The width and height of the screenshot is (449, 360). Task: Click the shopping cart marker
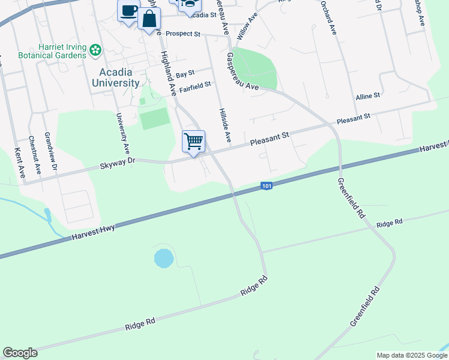[194, 142]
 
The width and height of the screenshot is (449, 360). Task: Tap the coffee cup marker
[128, 12]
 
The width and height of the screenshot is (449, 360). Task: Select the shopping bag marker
[149, 18]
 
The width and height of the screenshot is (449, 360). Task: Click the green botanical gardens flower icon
[96, 51]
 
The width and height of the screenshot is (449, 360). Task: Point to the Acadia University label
[116, 78]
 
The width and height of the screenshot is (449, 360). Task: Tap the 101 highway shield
[267, 187]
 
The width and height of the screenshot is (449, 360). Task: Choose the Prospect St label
[182, 34]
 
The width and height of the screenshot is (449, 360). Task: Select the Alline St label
[368, 96]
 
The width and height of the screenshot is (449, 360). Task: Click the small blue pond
[163, 259]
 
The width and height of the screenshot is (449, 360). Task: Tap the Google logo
[20, 353]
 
